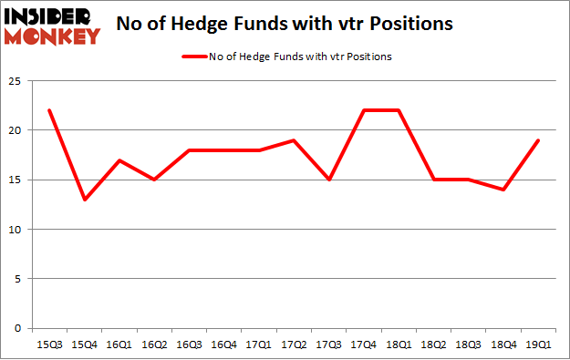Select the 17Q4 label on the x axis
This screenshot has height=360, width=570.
[x=365, y=345]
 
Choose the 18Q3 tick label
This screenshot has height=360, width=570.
[x=469, y=345]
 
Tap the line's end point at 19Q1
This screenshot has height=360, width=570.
[x=539, y=140]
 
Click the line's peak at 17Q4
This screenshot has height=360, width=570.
[x=365, y=110]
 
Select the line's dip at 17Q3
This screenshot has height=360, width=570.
[x=330, y=180]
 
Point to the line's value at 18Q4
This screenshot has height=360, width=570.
[x=503, y=190]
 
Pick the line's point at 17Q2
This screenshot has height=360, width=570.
[x=295, y=140]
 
